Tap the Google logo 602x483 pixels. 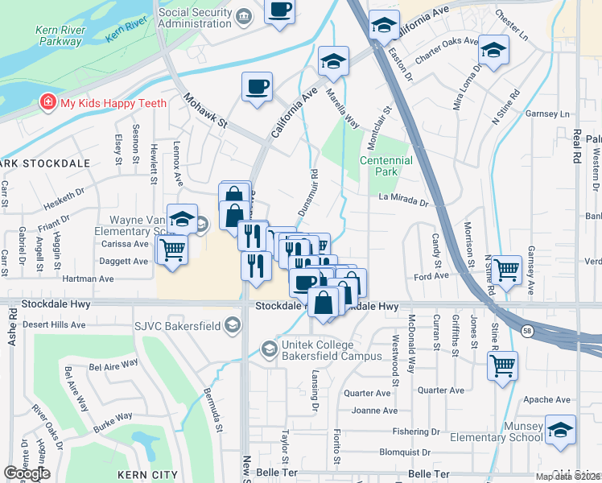coord(27,473)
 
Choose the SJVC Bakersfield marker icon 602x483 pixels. coord(233,324)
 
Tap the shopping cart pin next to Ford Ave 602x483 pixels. coord(506,270)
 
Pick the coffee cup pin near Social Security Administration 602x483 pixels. coord(279,10)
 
